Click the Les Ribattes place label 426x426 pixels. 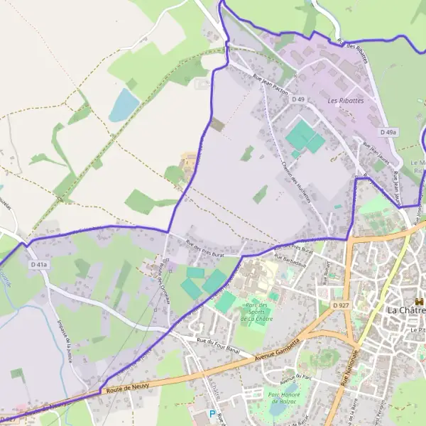pos(345,101)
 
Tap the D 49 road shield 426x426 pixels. pos(299,100)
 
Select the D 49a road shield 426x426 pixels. pos(388,132)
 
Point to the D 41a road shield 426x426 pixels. pos(38,265)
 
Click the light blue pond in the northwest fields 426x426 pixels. pos(124,105)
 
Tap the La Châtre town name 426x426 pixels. pos(405,310)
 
